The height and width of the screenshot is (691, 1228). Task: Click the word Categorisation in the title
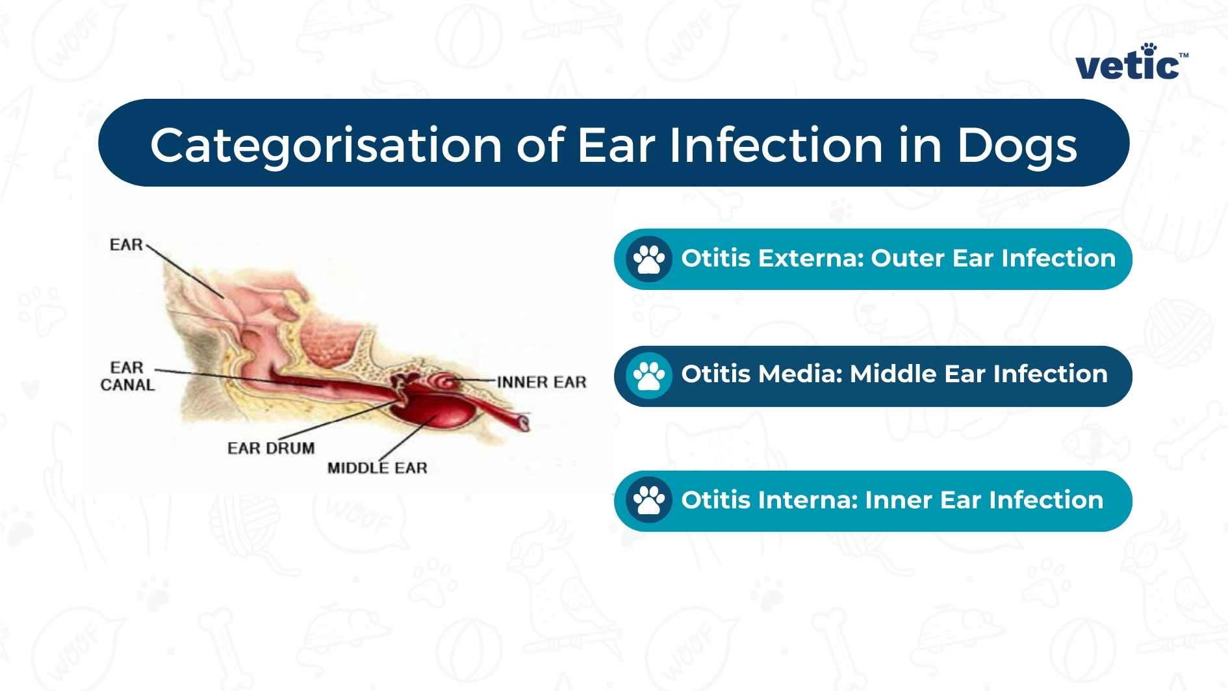tap(326, 145)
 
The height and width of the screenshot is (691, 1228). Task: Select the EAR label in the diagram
tap(126, 245)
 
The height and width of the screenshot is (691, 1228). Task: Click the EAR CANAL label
tap(127, 376)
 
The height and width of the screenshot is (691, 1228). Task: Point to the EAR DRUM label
tap(271, 448)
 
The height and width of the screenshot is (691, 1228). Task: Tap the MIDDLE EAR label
tap(377, 468)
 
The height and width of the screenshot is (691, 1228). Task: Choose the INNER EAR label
tap(541, 382)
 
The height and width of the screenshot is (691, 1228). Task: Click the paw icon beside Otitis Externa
tap(648, 259)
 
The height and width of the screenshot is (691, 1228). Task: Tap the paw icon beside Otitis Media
tap(648, 376)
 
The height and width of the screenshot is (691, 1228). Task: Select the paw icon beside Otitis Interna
tap(648, 501)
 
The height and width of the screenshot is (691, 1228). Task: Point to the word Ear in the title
tap(616, 145)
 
